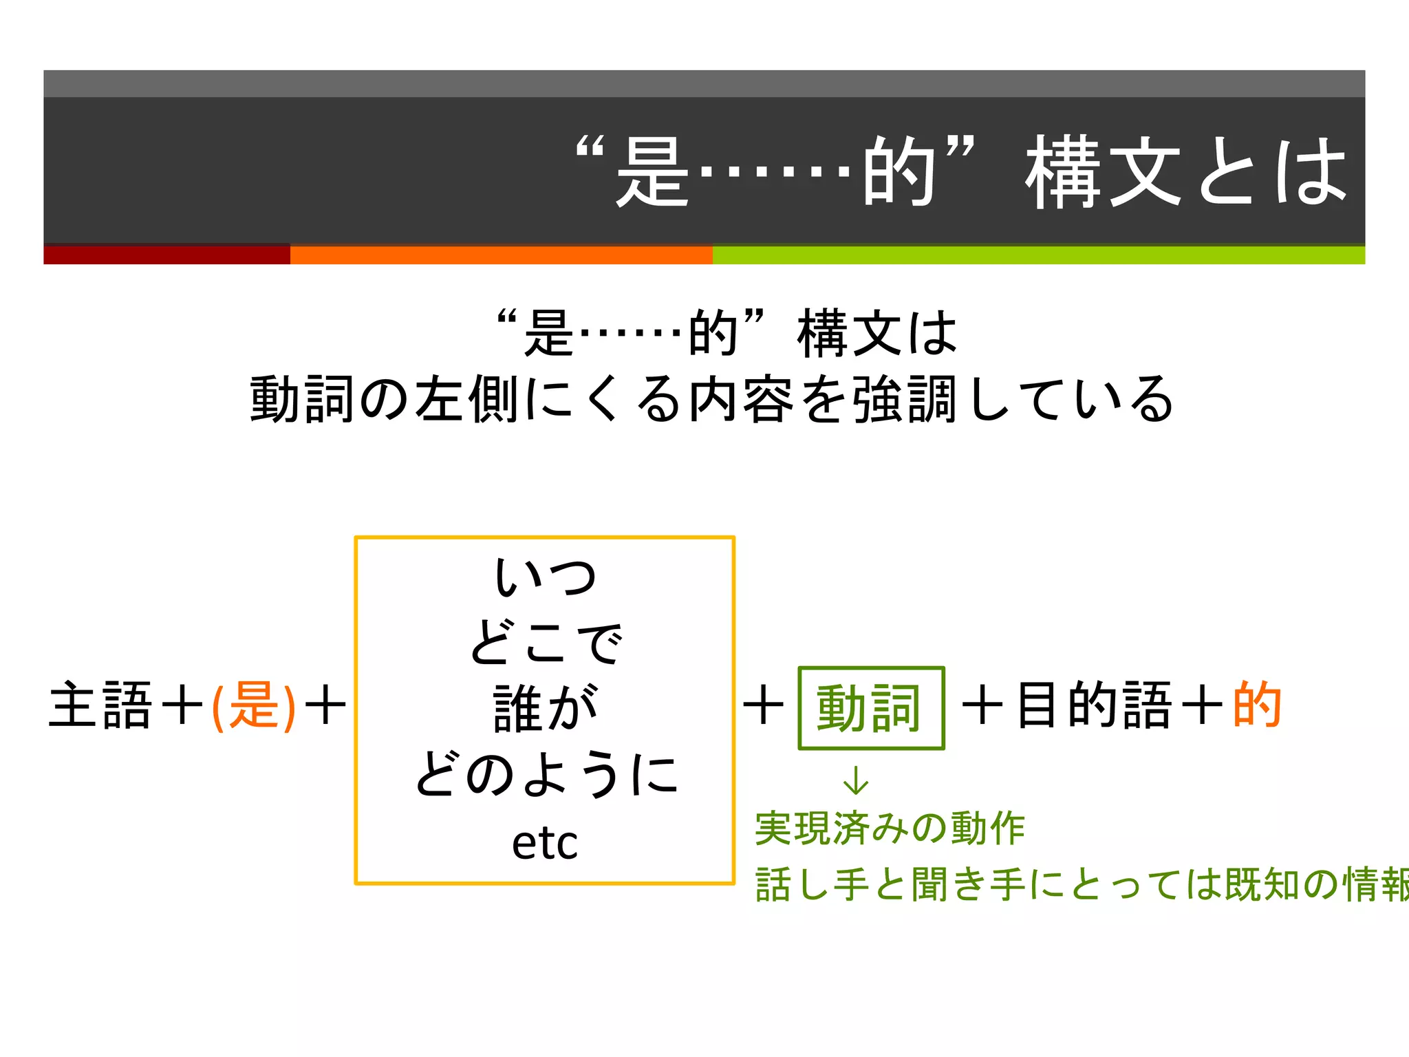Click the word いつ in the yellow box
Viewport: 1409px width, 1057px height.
[545, 577]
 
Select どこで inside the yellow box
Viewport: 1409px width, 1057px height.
[545, 641]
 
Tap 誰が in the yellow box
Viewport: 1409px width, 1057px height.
[545, 707]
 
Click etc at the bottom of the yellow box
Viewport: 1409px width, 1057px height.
[545, 842]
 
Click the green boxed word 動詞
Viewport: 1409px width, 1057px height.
[870, 707]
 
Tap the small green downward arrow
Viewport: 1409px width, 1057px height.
[856, 780]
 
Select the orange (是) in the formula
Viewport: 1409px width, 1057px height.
[254, 706]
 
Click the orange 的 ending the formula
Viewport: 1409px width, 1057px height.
[1257, 705]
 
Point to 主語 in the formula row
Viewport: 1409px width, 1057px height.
[100, 706]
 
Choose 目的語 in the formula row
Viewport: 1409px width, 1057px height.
[1094, 705]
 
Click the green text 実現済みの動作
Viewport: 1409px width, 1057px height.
[890, 829]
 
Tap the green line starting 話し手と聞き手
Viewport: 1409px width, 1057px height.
[1080, 885]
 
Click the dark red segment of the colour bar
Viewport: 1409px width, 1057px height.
[166, 255]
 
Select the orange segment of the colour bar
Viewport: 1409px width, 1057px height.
[501, 255]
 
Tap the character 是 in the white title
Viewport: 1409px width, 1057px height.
[652, 172]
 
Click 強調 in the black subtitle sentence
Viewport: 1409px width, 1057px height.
[904, 399]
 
